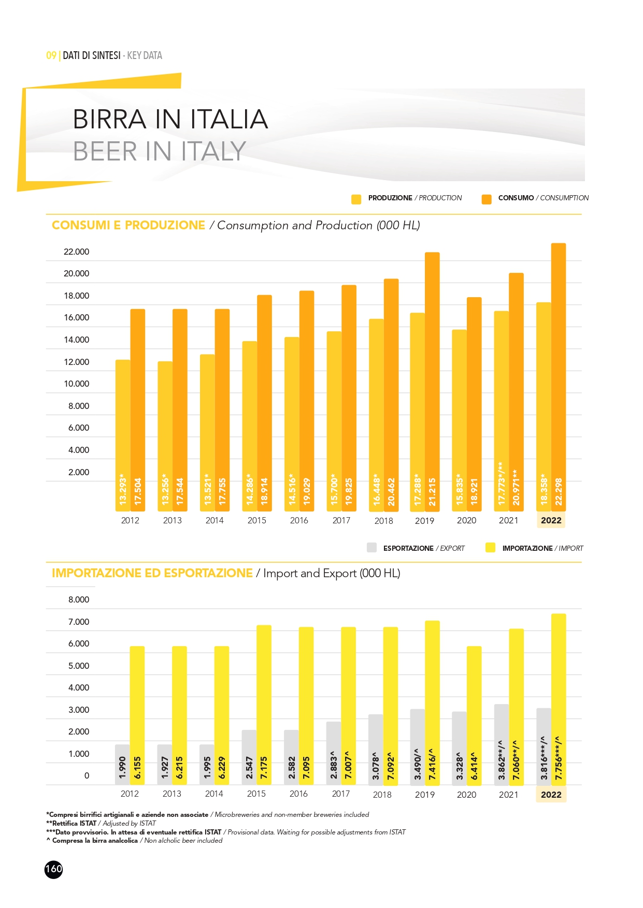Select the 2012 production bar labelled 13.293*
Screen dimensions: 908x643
click(x=123, y=435)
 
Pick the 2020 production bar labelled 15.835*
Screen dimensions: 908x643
click(x=459, y=419)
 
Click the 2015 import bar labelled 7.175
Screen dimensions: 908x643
click(x=264, y=704)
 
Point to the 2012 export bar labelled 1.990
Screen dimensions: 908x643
click(x=122, y=765)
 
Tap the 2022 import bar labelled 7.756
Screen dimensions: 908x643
click(x=559, y=699)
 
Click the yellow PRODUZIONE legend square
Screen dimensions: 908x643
click(x=356, y=199)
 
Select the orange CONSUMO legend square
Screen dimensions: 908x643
click(x=486, y=199)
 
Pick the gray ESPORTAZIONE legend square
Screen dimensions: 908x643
click(x=371, y=548)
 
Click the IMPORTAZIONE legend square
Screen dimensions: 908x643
click(x=490, y=548)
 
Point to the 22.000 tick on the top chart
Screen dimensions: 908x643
click(x=76, y=252)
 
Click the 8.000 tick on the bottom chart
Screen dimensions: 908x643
click(x=79, y=599)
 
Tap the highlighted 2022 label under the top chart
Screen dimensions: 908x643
click(x=551, y=520)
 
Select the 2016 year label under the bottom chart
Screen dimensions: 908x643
click(x=298, y=794)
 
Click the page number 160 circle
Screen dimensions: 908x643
click(x=53, y=869)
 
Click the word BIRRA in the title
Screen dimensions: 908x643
click(x=109, y=119)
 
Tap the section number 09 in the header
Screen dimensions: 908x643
click(x=51, y=55)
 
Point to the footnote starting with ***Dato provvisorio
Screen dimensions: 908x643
click(x=225, y=832)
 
